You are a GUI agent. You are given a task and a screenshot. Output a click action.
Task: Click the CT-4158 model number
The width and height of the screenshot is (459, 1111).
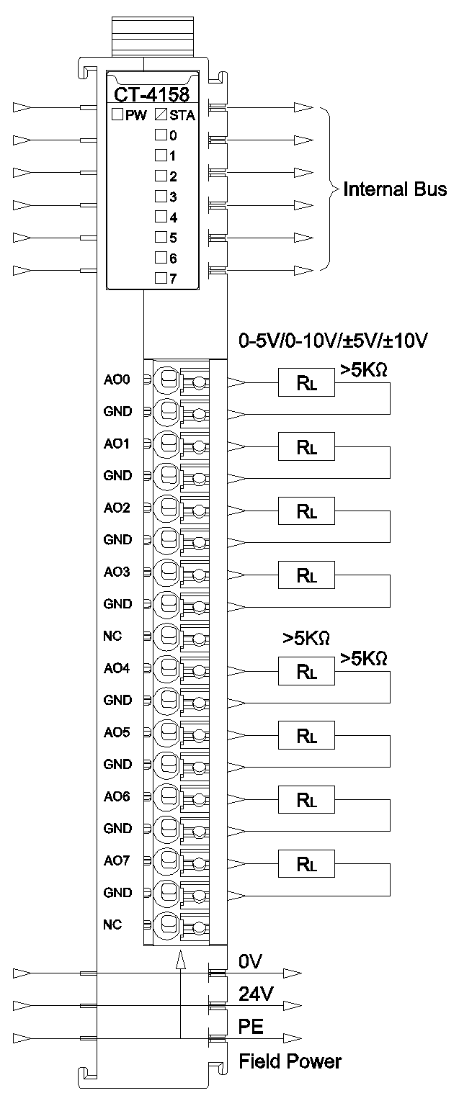[151, 94]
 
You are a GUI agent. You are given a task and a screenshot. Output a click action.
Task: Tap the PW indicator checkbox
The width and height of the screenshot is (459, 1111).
[117, 114]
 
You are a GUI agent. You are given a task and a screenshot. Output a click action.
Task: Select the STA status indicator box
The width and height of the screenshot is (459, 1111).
[161, 114]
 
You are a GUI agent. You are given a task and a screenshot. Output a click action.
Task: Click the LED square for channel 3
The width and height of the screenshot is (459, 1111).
[161, 195]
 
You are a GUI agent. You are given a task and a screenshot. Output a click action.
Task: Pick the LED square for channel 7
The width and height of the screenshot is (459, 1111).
[161, 277]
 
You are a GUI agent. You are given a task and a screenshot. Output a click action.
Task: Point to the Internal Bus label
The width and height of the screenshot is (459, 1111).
[395, 189]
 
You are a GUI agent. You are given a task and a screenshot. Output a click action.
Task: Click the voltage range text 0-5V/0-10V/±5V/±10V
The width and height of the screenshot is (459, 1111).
[334, 341]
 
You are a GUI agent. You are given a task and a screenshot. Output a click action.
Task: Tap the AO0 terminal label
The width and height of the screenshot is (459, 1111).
[117, 380]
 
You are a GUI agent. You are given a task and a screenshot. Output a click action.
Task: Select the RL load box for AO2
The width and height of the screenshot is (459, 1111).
[306, 512]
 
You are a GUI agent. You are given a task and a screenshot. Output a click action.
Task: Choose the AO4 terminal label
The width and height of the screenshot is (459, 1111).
[117, 669]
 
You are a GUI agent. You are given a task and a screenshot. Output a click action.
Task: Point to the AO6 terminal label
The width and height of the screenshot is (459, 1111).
[117, 797]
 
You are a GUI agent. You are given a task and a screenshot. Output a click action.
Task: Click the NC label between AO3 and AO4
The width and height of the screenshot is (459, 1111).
[113, 637]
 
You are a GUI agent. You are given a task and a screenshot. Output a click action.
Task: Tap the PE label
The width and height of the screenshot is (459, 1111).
[251, 1027]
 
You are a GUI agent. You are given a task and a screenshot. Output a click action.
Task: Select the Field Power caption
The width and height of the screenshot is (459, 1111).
[290, 1061]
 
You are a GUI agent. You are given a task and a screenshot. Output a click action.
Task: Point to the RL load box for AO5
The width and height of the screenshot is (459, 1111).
[306, 736]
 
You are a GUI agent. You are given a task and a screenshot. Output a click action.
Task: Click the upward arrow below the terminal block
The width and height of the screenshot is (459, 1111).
[180, 959]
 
